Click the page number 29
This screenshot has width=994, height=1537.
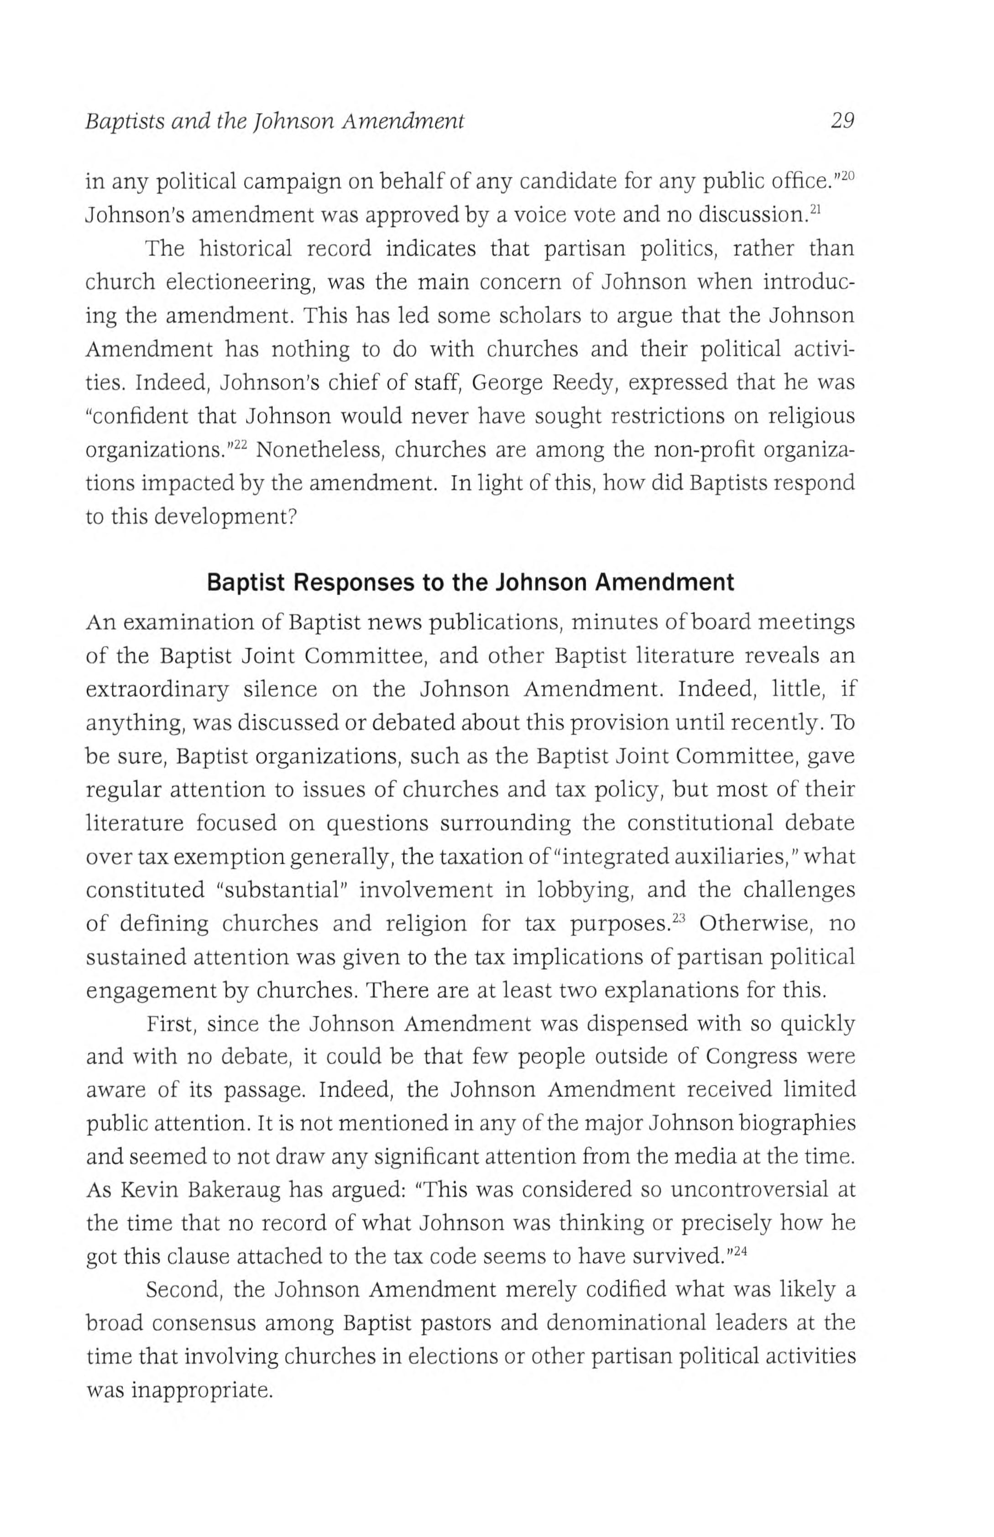tap(841, 120)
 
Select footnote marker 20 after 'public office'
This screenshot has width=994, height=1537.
tap(847, 175)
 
